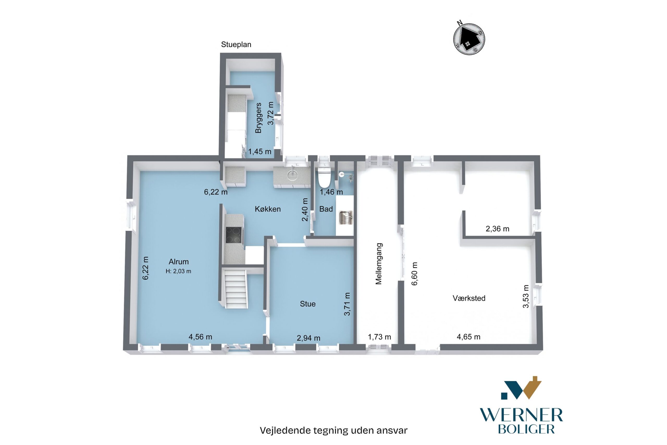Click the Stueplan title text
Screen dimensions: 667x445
(x=236, y=45)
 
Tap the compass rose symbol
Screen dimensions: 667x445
(x=469, y=39)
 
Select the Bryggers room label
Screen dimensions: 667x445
(x=258, y=118)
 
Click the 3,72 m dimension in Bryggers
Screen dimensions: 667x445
(x=271, y=113)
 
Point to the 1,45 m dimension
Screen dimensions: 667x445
(x=260, y=152)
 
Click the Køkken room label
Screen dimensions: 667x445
(x=268, y=209)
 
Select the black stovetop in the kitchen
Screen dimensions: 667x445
(x=234, y=235)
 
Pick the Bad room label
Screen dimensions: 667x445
(x=326, y=209)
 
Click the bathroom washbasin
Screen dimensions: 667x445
(x=345, y=217)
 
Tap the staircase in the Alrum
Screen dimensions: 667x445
(x=236, y=289)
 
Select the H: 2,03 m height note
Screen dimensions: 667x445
(x=178, y=271)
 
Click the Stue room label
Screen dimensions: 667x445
(x=307, y=304)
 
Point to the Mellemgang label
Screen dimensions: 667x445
(x=379, y=263)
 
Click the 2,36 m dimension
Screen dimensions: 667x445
(x=497, y=229)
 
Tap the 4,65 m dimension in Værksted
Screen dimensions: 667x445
(x=468, y=337)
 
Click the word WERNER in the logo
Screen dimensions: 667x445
(x=521, y=416)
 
